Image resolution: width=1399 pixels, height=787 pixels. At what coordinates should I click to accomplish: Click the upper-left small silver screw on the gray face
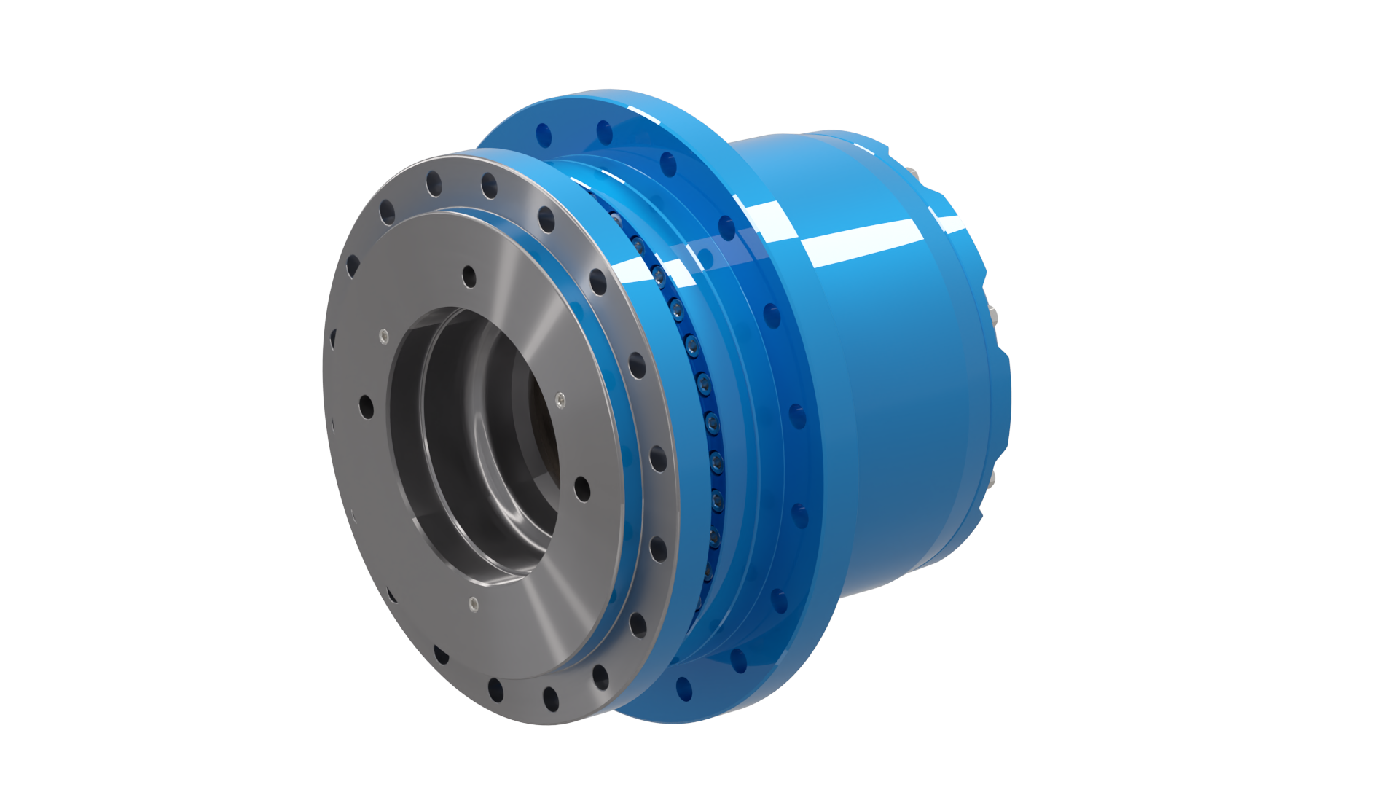(x=384, y=336)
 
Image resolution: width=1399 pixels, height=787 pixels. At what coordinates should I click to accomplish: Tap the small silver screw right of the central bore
(x=560, y=399)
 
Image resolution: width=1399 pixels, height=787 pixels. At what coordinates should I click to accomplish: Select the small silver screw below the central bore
(x=474, y=603)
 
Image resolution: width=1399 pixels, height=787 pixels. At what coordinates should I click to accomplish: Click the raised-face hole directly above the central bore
(x=469, y=276)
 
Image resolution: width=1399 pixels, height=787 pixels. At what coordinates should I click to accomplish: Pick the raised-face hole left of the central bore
(x=366, y=407)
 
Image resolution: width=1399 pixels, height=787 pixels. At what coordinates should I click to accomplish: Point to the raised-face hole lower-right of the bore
(x=581, y=488)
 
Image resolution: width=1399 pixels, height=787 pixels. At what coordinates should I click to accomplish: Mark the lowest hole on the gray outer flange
(x=551, y=699)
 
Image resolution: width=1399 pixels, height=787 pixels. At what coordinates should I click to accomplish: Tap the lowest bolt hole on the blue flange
(x=683, y=686)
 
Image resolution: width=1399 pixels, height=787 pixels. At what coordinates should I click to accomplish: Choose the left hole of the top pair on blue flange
(x=543, y=135)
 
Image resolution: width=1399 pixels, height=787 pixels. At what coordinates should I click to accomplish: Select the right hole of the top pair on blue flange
(x=604, y=132)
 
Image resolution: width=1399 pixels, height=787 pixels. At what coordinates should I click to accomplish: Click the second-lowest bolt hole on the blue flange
(x=737, y=660)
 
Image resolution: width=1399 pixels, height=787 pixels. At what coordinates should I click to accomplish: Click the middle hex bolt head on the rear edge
(x=992, y=315)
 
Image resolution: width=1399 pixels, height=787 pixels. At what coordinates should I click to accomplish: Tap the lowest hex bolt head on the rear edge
(x=992, y=478)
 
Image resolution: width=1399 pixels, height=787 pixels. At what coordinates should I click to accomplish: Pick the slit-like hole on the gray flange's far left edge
(x=333, y=339)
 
